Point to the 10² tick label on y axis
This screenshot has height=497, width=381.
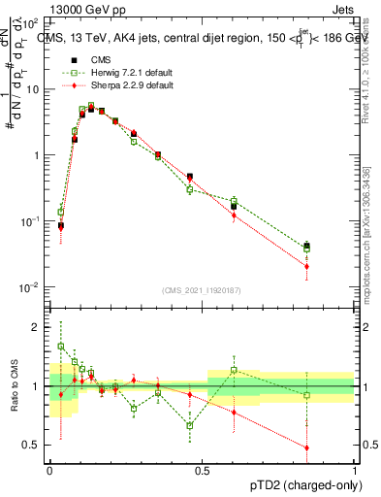click(31, 23)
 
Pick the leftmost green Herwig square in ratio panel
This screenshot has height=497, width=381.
click(61, 346)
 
